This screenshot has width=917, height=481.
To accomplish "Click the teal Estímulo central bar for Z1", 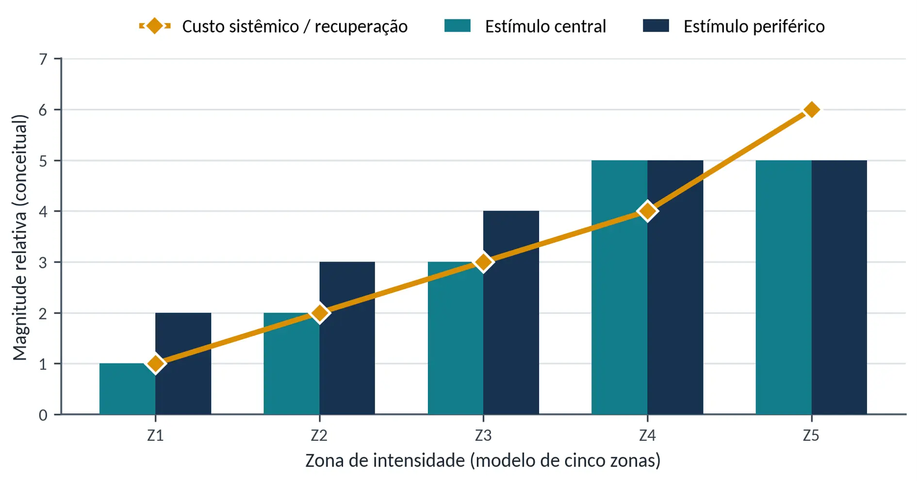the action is point(127,389).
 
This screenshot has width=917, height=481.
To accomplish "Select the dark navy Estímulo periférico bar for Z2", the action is point(347,338).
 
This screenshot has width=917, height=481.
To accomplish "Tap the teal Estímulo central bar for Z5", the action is point(784,287).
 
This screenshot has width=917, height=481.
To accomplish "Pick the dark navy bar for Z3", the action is point(511,313).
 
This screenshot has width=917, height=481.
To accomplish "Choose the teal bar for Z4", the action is point(620,287).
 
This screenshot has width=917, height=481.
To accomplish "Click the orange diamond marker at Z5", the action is point(812,110).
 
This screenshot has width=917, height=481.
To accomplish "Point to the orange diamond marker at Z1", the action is point(155,364).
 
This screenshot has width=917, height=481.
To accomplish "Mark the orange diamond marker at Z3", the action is point(483,262).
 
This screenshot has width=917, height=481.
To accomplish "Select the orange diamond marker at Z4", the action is point(648,211).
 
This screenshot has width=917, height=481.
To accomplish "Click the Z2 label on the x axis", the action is point(319,436).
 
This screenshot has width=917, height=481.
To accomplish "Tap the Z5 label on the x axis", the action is point(811,436).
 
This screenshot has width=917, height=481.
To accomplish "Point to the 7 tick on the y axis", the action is point(44,59).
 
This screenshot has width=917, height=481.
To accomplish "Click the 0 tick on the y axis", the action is point(44,415).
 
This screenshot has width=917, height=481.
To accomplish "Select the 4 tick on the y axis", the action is point(44,212).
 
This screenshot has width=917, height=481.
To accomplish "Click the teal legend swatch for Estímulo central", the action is point(458,26).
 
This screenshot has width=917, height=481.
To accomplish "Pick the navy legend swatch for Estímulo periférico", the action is point(656,26).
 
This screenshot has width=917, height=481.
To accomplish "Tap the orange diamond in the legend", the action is point(155,26).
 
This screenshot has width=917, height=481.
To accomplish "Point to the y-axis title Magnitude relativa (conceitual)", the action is point(20,237).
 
